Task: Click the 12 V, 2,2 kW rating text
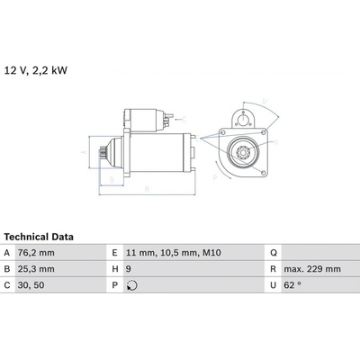pyautogui.click(x=36, y=70)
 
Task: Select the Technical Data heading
pyautogui.click(x=39, y=237)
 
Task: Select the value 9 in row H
pyautogui.click(x=128, y=269)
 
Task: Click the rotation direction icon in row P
pyautogui.click(x=131, y=285)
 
